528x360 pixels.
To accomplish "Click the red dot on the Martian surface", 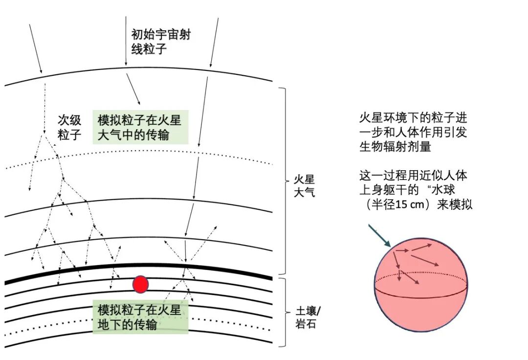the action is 140,284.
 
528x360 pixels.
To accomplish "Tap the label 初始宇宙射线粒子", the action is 160,42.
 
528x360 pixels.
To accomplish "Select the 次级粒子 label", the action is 69,127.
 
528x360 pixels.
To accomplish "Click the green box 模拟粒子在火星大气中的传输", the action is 140,128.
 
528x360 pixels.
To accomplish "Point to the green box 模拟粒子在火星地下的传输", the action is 140,317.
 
